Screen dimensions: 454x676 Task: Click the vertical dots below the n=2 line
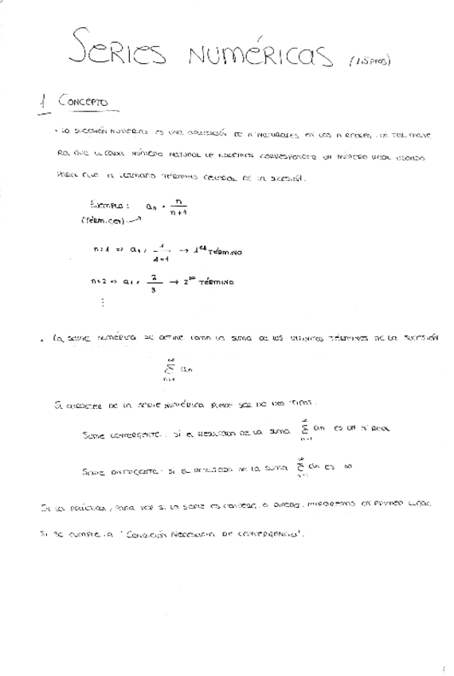pyautogui.click(x=103, y=303)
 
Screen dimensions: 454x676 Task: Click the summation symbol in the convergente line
pyautogui.click(x=303, y=430)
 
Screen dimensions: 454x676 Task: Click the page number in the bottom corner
pyautogui.click(x=443, y=667)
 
